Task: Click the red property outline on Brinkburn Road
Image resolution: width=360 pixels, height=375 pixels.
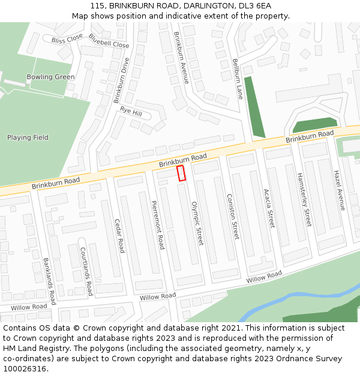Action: [x=181, y=173]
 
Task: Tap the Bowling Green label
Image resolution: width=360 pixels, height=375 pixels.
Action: [x=50, y=77]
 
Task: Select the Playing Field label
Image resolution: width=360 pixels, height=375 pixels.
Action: [x=28, y=137]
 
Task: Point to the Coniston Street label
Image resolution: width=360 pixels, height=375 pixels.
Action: [x=232, y=217]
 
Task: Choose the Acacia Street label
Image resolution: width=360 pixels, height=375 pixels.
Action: [x=269, y=209]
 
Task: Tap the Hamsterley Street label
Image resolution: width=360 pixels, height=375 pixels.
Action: [x=304, y=200]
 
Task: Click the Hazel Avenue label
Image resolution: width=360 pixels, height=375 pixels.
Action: [x=340, y=190]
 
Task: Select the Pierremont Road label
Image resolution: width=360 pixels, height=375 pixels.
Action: [x=158, y=225]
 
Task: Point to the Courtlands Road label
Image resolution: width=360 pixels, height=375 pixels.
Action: [x=86, y=272]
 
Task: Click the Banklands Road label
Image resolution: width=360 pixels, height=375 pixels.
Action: [x=49, y=281]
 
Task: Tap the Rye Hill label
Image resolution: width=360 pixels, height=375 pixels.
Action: [x=131, y=112]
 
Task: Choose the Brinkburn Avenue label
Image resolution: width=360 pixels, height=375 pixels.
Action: [x=181, y=58]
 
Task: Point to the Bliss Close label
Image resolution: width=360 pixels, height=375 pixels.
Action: [x=67, y=40]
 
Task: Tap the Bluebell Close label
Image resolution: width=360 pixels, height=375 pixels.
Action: [x=109, y=41]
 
